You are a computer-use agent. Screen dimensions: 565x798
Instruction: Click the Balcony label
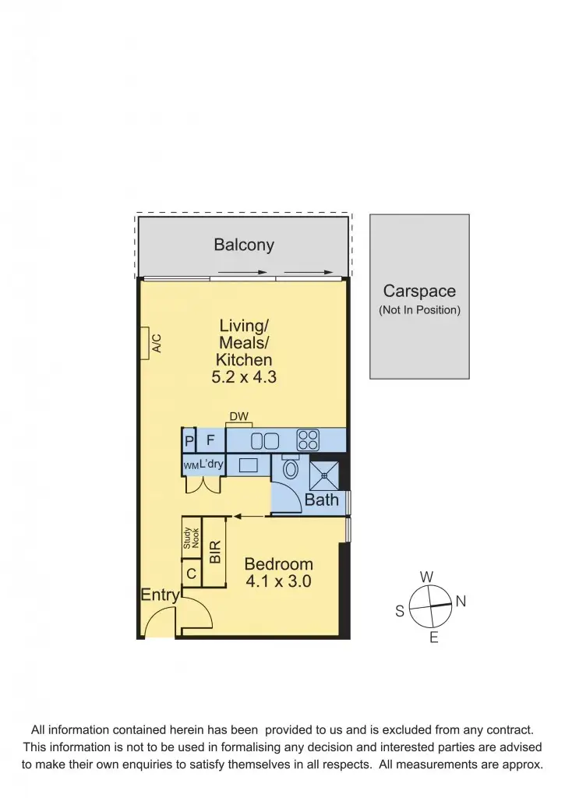click(x=244, y=245)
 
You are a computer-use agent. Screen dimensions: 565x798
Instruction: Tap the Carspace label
click(x=419, y=291)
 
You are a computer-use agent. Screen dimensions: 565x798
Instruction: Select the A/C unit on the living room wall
click(x=146, y=343)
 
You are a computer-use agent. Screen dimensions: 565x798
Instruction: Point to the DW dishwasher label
click(x=238, y=418)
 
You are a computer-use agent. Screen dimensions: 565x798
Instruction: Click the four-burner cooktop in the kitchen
click(x=308, y=440)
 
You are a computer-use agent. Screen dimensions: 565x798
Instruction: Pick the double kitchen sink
click(x=264, y=441)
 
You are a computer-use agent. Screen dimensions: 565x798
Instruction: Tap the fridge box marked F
click(x=210, y=441)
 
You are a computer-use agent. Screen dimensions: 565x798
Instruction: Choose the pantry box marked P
click(x=189, y=442)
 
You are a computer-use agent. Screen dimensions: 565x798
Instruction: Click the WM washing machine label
click(x=190, y=465)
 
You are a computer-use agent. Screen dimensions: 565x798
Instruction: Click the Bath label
click(x=321, y=500)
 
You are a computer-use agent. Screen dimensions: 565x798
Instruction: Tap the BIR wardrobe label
click(x=215, y=552)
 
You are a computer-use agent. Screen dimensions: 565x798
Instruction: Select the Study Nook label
click(x=191, y=538)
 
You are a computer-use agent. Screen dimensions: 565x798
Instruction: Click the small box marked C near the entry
click(x=191, y=575)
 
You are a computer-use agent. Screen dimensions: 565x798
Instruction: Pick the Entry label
click(x=160, y=595)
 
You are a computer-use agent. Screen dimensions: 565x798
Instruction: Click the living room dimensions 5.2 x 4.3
click(x=244, y=378)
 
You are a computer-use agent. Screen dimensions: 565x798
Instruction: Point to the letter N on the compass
click(x=460, y=601)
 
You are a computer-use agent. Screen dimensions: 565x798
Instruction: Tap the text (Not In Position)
click(x=419, y=310)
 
